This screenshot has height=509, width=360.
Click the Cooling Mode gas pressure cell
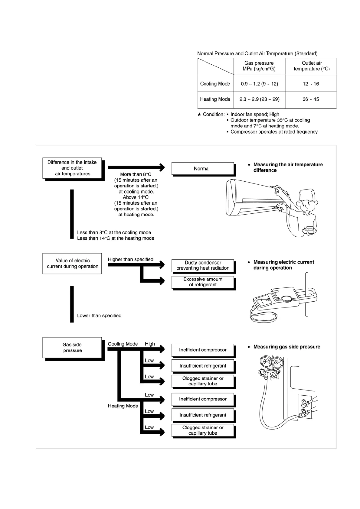(259, 84)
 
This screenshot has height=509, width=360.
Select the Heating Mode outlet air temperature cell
(311, 99)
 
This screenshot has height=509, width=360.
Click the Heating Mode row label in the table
(215, 99)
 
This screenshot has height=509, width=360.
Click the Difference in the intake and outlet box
(72, 168)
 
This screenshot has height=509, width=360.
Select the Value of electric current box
(72, 264)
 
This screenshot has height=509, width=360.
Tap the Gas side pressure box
(72, 348)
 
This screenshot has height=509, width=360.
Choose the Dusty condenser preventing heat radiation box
(203, 265)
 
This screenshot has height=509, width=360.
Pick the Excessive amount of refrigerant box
(203, 282)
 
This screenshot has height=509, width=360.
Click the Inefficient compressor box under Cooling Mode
(203, 350)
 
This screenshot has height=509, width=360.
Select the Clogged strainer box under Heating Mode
(203, 430)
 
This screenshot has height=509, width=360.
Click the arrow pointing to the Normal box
(136, 167)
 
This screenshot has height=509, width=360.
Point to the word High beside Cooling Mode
(150, 344)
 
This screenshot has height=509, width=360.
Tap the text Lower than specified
(99, 316)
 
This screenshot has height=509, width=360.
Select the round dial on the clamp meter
(286, 299)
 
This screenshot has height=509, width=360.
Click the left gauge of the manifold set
(265, 362)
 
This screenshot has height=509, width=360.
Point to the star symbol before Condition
(199, 115)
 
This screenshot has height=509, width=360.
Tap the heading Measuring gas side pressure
(286, 347)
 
